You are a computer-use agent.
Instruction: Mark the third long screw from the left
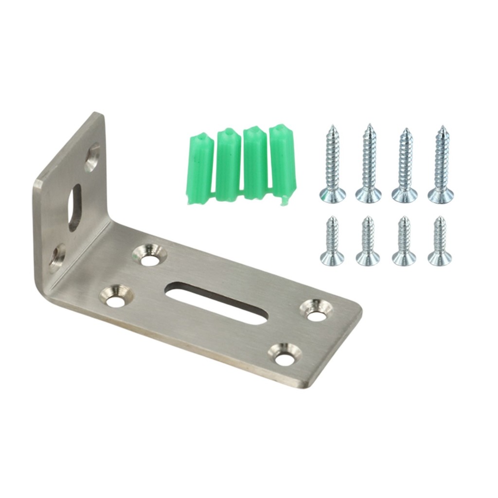point(405,165)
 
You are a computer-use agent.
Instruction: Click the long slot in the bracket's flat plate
point(216,302)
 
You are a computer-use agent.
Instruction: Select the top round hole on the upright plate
point(92,158)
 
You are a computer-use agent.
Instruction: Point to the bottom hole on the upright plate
point(57,257)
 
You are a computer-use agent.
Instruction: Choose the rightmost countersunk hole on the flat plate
point(317,312)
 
